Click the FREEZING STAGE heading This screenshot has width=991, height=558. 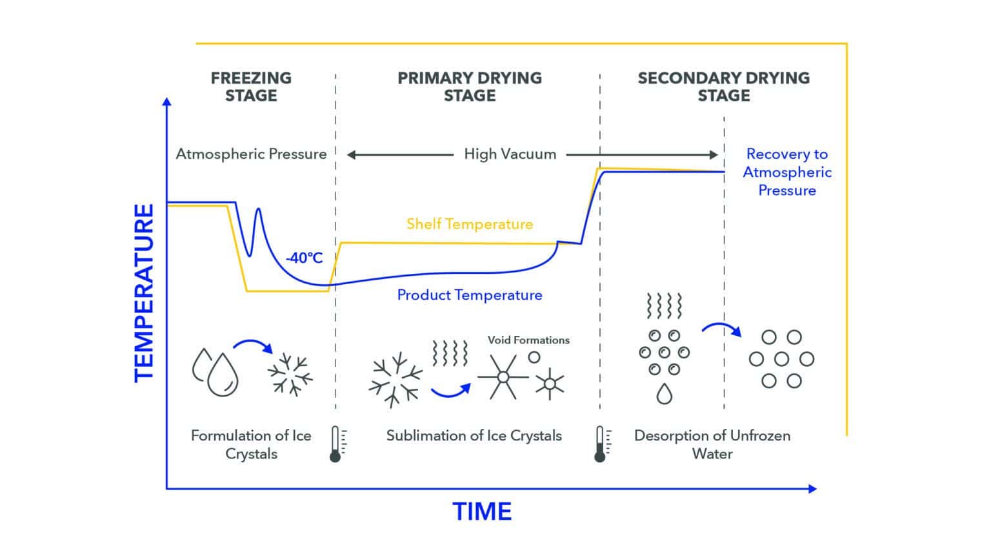251,87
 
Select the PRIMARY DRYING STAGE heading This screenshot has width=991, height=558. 469,87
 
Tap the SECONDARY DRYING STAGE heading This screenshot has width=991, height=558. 723,87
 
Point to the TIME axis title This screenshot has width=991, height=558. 482,512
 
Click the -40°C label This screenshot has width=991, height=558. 304,258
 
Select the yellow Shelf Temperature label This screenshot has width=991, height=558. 469,224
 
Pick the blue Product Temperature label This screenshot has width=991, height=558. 469,295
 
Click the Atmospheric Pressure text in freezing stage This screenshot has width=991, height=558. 251,154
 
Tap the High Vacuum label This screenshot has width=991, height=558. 510,154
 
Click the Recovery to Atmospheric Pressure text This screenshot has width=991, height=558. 786,172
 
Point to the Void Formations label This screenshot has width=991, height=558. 528,340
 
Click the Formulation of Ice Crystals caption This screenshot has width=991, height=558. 251,444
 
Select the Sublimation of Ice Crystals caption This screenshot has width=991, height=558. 474,436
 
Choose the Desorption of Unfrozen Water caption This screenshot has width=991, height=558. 712,444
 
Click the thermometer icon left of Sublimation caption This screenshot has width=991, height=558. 335,444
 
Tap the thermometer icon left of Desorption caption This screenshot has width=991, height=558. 601,444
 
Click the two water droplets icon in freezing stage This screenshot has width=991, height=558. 215,372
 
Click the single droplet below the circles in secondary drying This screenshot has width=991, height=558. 664,393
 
